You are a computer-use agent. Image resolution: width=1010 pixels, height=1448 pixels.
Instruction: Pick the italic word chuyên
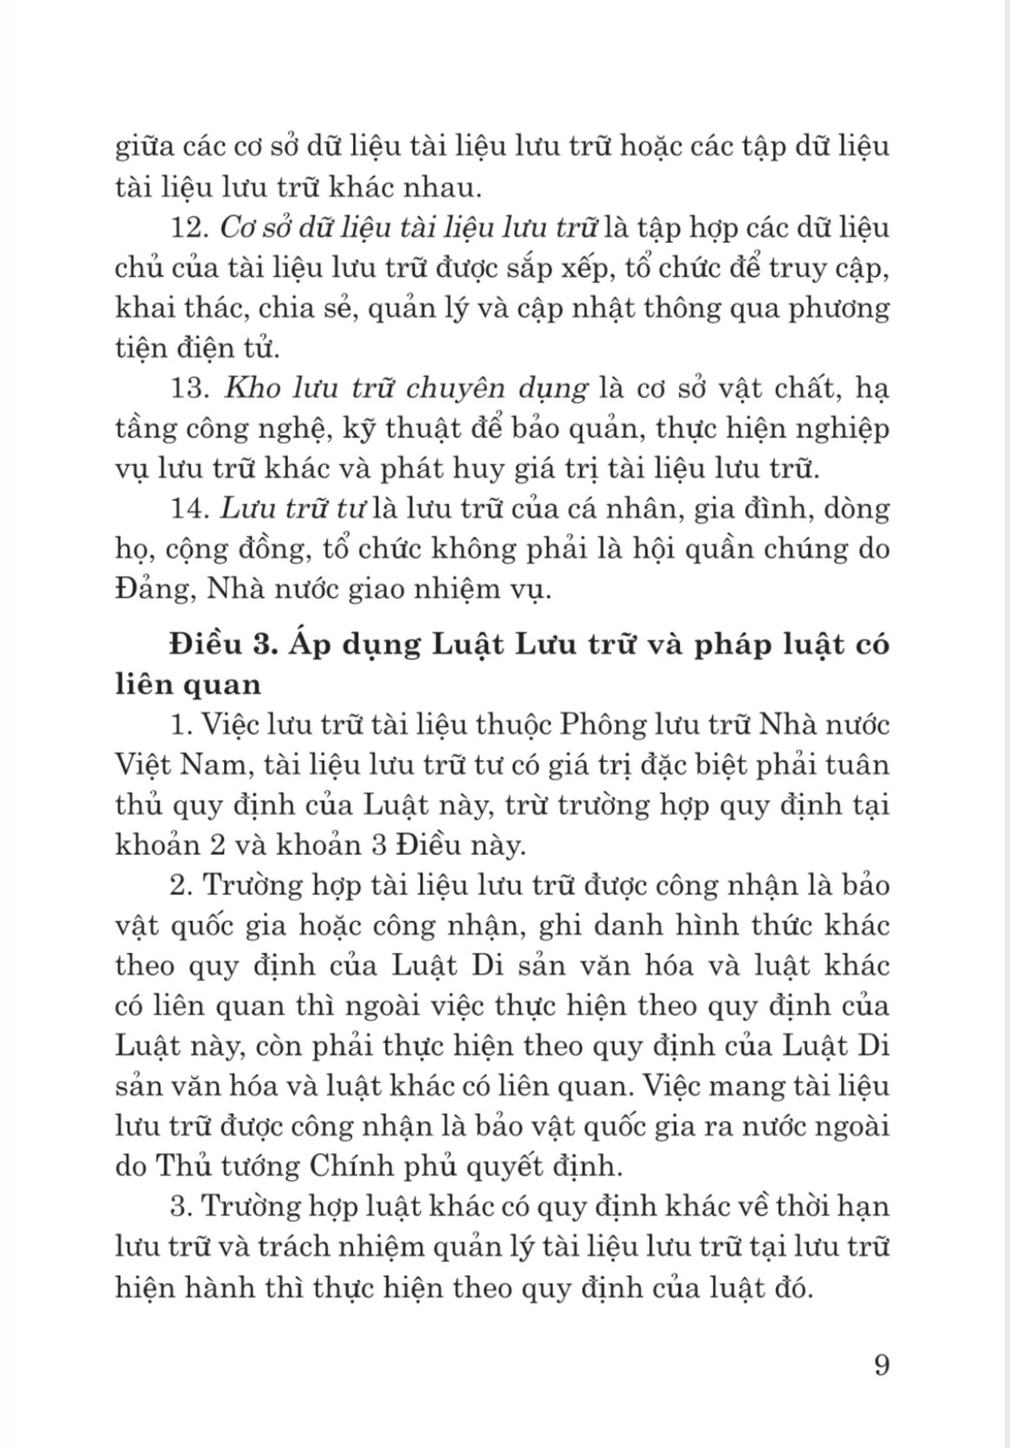pos(454,390)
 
